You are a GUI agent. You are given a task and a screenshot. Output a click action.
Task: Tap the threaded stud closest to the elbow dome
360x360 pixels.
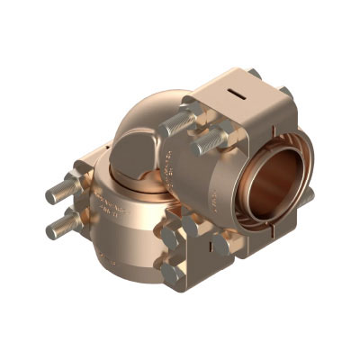pos(178,123)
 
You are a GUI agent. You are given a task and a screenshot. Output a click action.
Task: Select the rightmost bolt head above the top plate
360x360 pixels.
pos(284,92)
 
